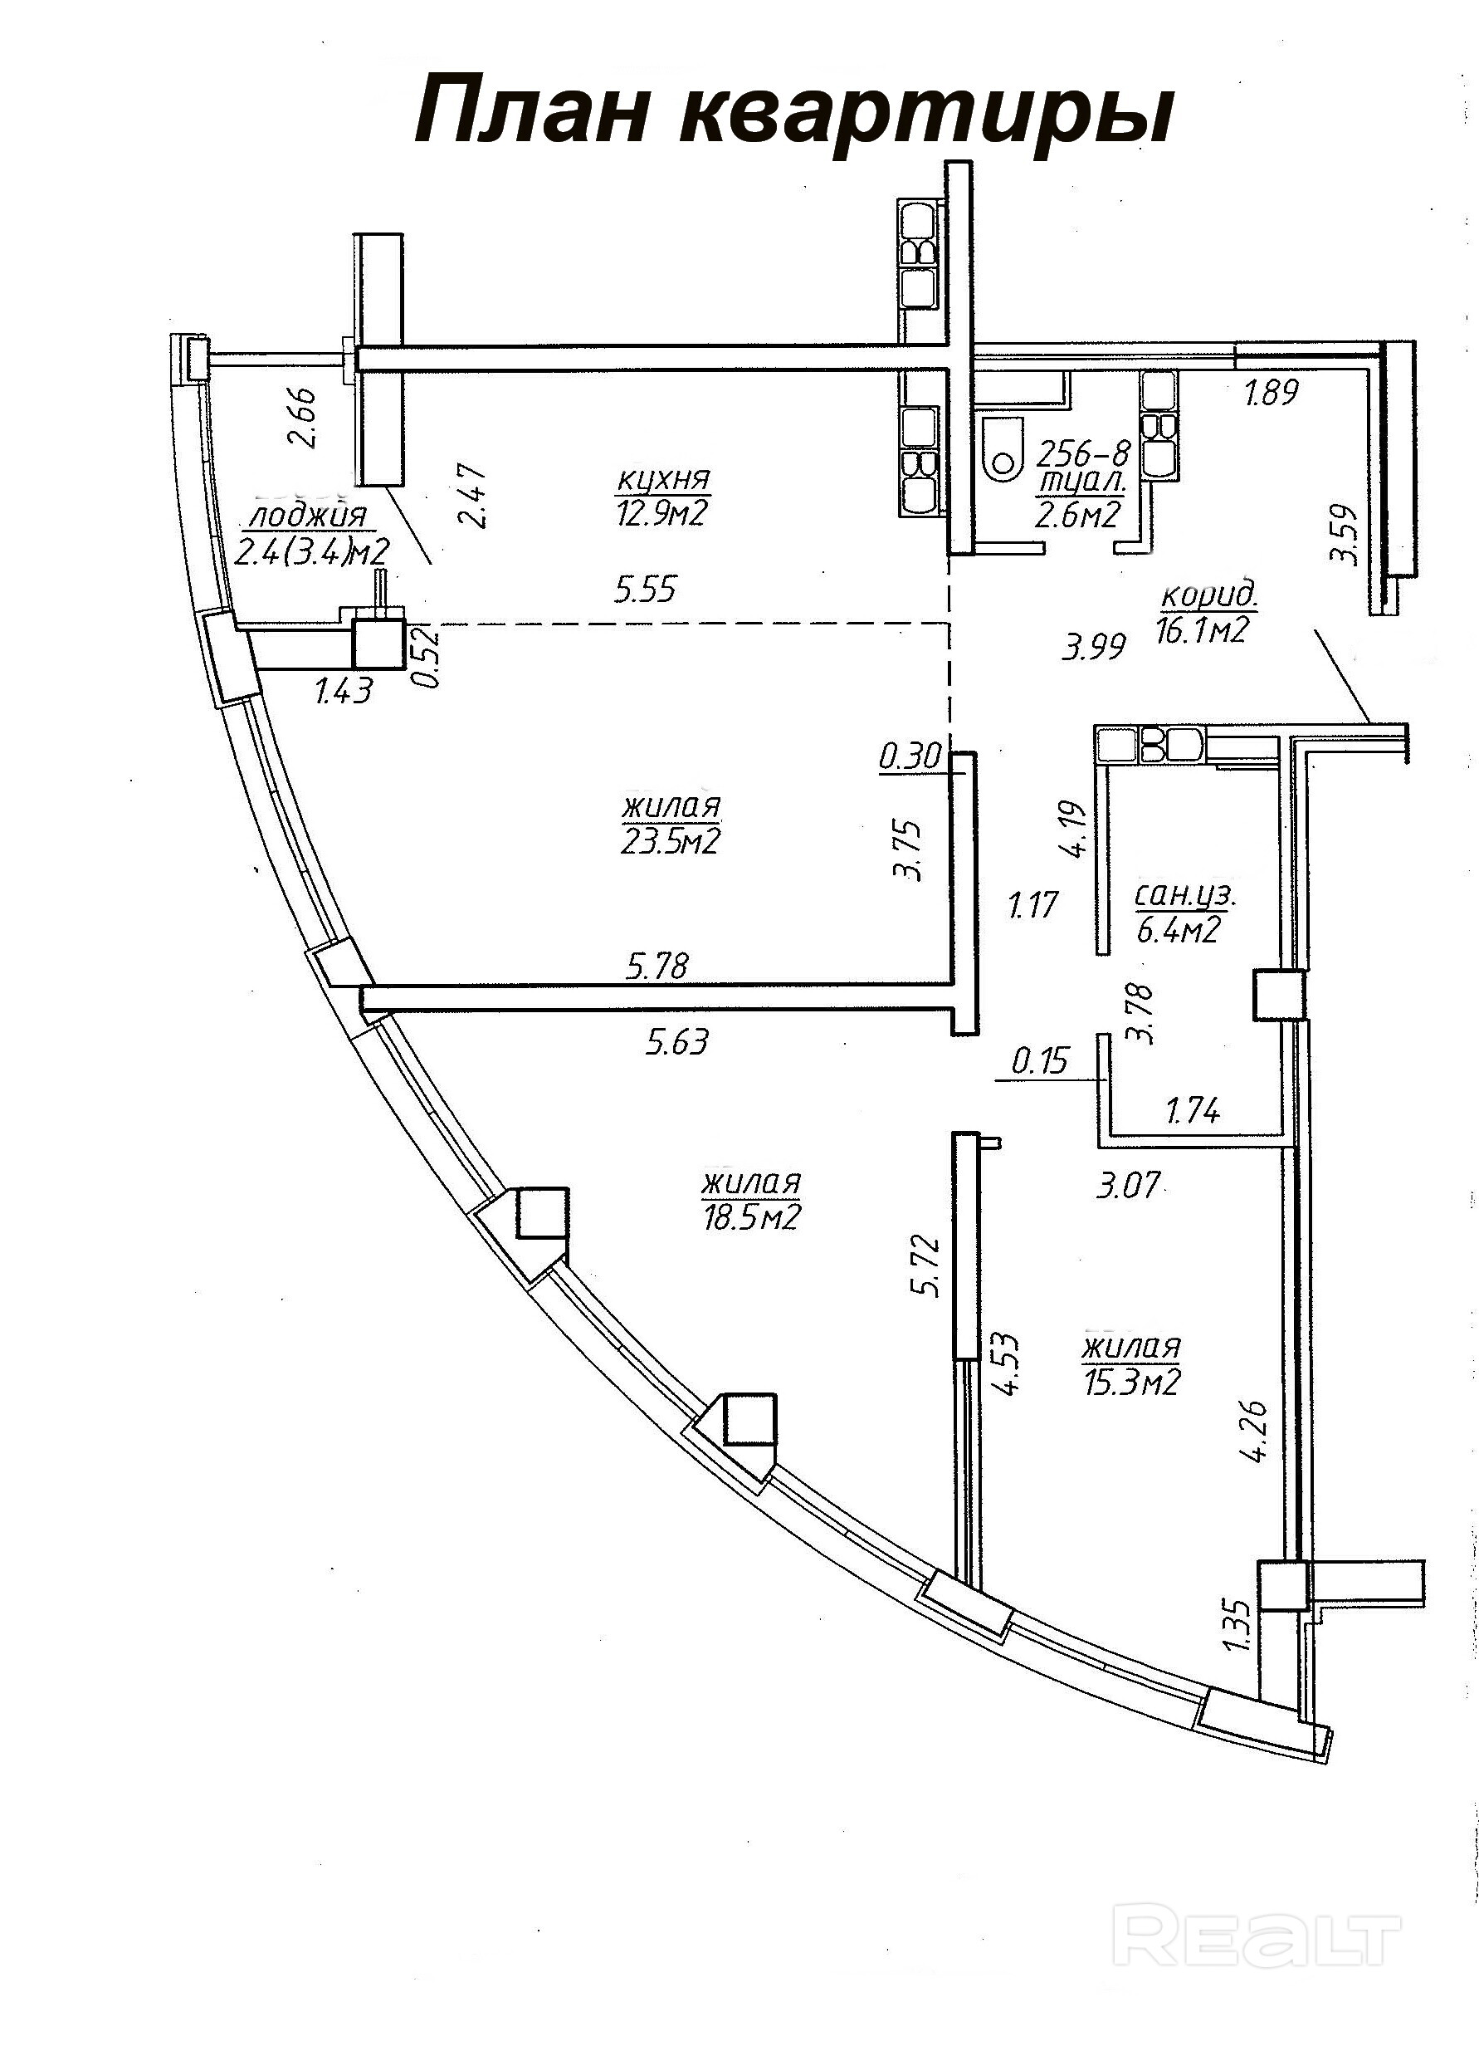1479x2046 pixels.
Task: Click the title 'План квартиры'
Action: (793, 111)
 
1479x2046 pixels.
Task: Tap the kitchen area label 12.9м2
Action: (663, 515)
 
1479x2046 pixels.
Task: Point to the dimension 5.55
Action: (646, 590)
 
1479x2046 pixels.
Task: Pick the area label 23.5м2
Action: (670, 842)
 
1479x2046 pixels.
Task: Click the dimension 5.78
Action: (657, 967)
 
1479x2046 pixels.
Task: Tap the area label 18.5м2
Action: (751, 1219)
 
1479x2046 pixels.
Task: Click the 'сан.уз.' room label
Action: (1185, 897)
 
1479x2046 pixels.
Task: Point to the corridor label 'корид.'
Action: (1209, 596)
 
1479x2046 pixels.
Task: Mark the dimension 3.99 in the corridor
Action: (1094, 647)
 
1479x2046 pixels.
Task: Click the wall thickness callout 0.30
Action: (910, 755)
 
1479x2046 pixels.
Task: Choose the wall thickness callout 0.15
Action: (1040, 1061)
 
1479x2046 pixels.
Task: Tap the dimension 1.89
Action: (1272, 393)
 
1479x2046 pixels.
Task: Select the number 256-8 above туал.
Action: (1085, 453)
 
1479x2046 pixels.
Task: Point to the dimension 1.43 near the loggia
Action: (344, 692)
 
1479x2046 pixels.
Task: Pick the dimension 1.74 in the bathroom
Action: (1194, 1110)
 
